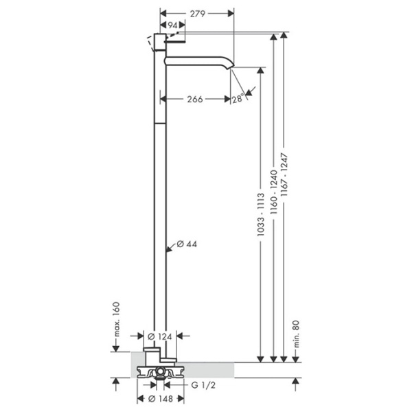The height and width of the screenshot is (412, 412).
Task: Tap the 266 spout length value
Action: click(x=195, y=100)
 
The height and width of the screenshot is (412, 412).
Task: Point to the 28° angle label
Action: click(x=238, y=98)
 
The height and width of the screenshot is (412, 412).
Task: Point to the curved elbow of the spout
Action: click(x=225, y=61)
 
